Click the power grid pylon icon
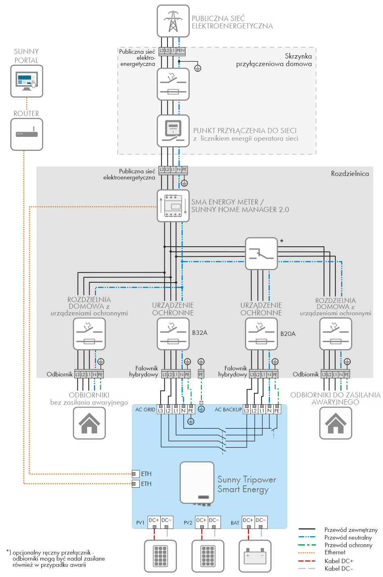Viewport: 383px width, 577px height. coord(173,21)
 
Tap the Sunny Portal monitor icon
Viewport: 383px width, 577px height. coord(27,81)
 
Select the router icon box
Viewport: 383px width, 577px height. coord(27,134)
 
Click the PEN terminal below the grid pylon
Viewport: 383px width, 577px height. coord(180,51)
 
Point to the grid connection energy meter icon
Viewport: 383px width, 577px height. coord(173,131)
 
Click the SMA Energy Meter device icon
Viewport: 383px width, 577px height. coord(173,206)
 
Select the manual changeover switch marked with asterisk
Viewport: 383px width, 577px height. coord(261,254)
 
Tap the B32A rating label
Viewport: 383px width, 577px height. coord(200,333)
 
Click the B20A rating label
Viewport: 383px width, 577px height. coord(288,334)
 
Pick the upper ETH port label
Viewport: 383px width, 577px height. coord(146,474)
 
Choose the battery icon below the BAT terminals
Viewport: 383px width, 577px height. coord(255,556)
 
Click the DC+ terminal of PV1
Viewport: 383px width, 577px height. coord(154,520)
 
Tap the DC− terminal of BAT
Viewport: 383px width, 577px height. coord(261,520)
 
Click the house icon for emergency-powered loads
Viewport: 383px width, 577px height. coord(336,423)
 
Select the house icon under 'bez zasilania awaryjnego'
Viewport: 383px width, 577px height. coord(89,423)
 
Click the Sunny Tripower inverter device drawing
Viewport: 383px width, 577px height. coord(197,483)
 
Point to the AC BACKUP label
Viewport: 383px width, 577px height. coord(228,409)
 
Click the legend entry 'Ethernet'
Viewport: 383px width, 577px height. coord(335,552)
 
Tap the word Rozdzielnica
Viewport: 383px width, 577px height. coord(350,174)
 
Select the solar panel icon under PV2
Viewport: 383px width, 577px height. coord(208,556)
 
